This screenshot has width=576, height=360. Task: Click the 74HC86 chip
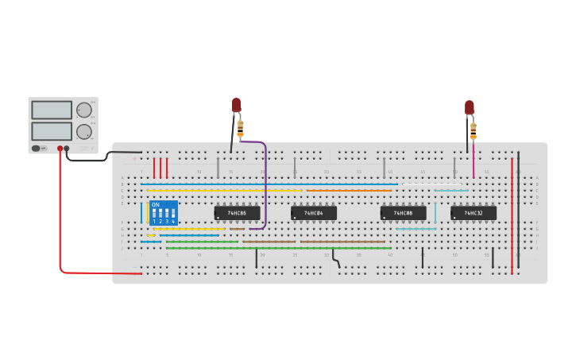(x=237, y=213)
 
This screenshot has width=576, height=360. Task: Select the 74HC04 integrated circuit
(x=314, y=213)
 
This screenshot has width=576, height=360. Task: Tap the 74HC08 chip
(x=403, y=213)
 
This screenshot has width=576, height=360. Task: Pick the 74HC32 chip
(x=474, y=213)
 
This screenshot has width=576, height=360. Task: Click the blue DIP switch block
(x=163, y=213)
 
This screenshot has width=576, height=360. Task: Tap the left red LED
(x=236, y=105)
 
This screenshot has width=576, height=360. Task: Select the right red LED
(x=470, y=106)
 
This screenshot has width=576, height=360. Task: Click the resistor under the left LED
(x=240, y=127)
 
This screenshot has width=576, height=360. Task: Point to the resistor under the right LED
(x=473, y=130)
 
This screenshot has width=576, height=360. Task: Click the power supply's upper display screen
(x=52, y=110)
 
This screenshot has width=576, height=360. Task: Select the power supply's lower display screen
(x=52, y=130)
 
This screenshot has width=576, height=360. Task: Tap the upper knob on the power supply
(x=83, y=110)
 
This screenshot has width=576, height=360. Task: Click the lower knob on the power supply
(x=83, y=131)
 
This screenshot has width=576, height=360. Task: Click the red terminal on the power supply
(x=60, y=149)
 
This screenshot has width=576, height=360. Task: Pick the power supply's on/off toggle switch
(x=37, y=148)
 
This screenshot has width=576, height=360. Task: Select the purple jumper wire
(x=265, y=183)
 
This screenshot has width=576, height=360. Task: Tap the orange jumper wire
(x=350, y=191)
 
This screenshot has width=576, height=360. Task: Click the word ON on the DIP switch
(x=156, y=205)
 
